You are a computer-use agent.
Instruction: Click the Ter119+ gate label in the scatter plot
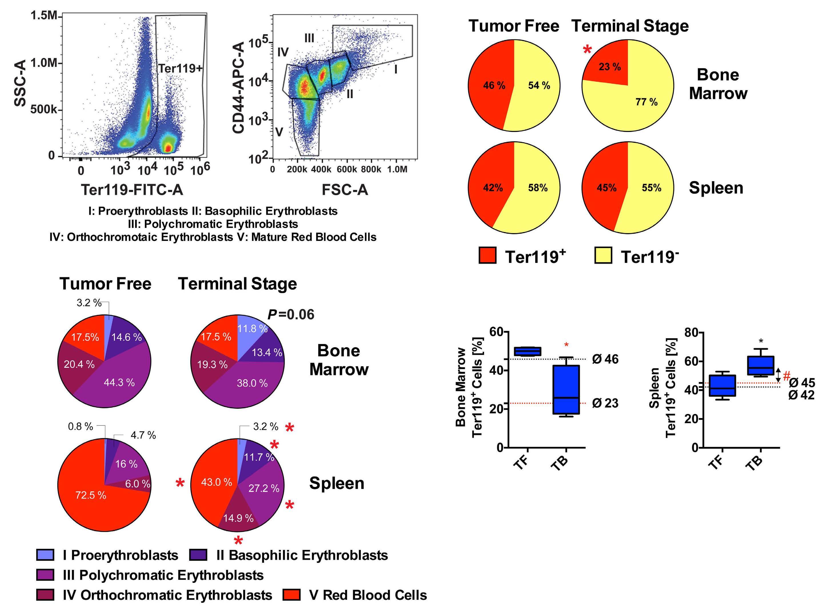(180, 68)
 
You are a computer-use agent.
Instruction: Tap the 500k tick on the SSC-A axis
(44, 109)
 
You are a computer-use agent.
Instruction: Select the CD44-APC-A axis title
(239, 88)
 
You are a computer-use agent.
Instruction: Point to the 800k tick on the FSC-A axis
(371, 169)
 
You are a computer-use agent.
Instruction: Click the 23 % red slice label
(610, 67)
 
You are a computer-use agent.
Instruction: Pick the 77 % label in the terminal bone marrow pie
(646, 102)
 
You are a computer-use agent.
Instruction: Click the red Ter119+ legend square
(488, 255)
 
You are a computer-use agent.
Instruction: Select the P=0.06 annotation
(291, 314)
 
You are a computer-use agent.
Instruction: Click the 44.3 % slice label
(119, 382)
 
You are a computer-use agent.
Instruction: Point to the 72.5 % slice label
(91, 495)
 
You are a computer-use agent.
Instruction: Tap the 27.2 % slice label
(264, 488)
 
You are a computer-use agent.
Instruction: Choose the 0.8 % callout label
(80, 426)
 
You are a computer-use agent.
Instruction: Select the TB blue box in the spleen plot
(761, 365)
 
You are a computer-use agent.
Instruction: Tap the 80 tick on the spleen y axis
(692, 333)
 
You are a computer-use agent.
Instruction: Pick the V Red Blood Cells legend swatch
(292, 595)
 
